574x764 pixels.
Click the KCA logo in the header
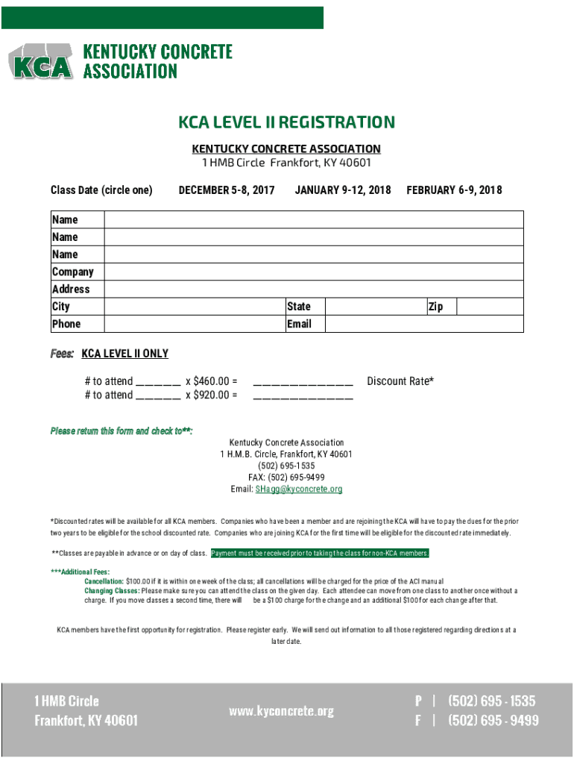click(x=41, y=62)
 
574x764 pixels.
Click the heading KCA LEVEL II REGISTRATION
click(x=286, y=122)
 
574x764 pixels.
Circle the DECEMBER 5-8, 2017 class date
click(x=227, y=190)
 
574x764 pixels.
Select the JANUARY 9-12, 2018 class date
click(x=343, y=190)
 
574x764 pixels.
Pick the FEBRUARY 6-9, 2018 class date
click(x=454, y=190)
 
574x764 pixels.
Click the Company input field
click(x=313, y=272)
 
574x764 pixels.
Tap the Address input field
click(x=313, y=289)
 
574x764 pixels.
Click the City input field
click(x=194, y=307)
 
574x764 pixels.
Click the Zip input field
click(x=490, y=307)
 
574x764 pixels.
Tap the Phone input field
click(x=194, y=324)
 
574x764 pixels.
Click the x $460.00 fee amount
click(x=211, y=381)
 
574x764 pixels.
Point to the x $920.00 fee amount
click(x=211, y=395)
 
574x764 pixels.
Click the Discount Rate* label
click(x=400, y=381)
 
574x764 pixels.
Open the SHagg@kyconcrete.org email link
click(x=299, y=489)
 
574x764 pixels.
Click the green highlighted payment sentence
click(x=321, y=554)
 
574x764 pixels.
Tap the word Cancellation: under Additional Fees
click(x=104, y=581)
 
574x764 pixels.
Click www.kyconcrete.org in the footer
click(x=282, y=711)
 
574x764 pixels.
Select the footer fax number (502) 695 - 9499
click(x=492, y=721)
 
